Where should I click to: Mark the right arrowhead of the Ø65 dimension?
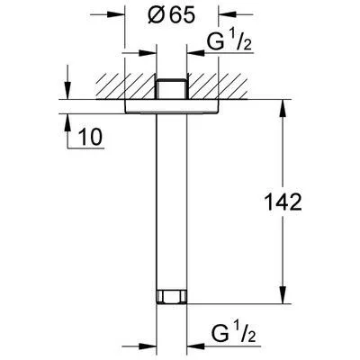tap(215, 15)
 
